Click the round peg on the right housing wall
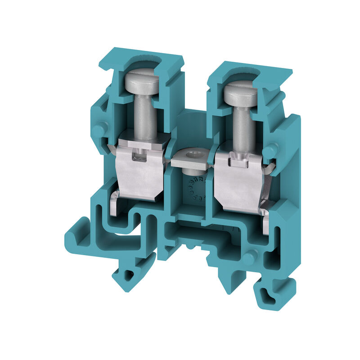(x=272, y=151)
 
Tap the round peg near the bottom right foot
(x=249, y=256)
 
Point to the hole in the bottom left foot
(x=129, y=274)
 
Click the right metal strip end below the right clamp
(x=265, y=216)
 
